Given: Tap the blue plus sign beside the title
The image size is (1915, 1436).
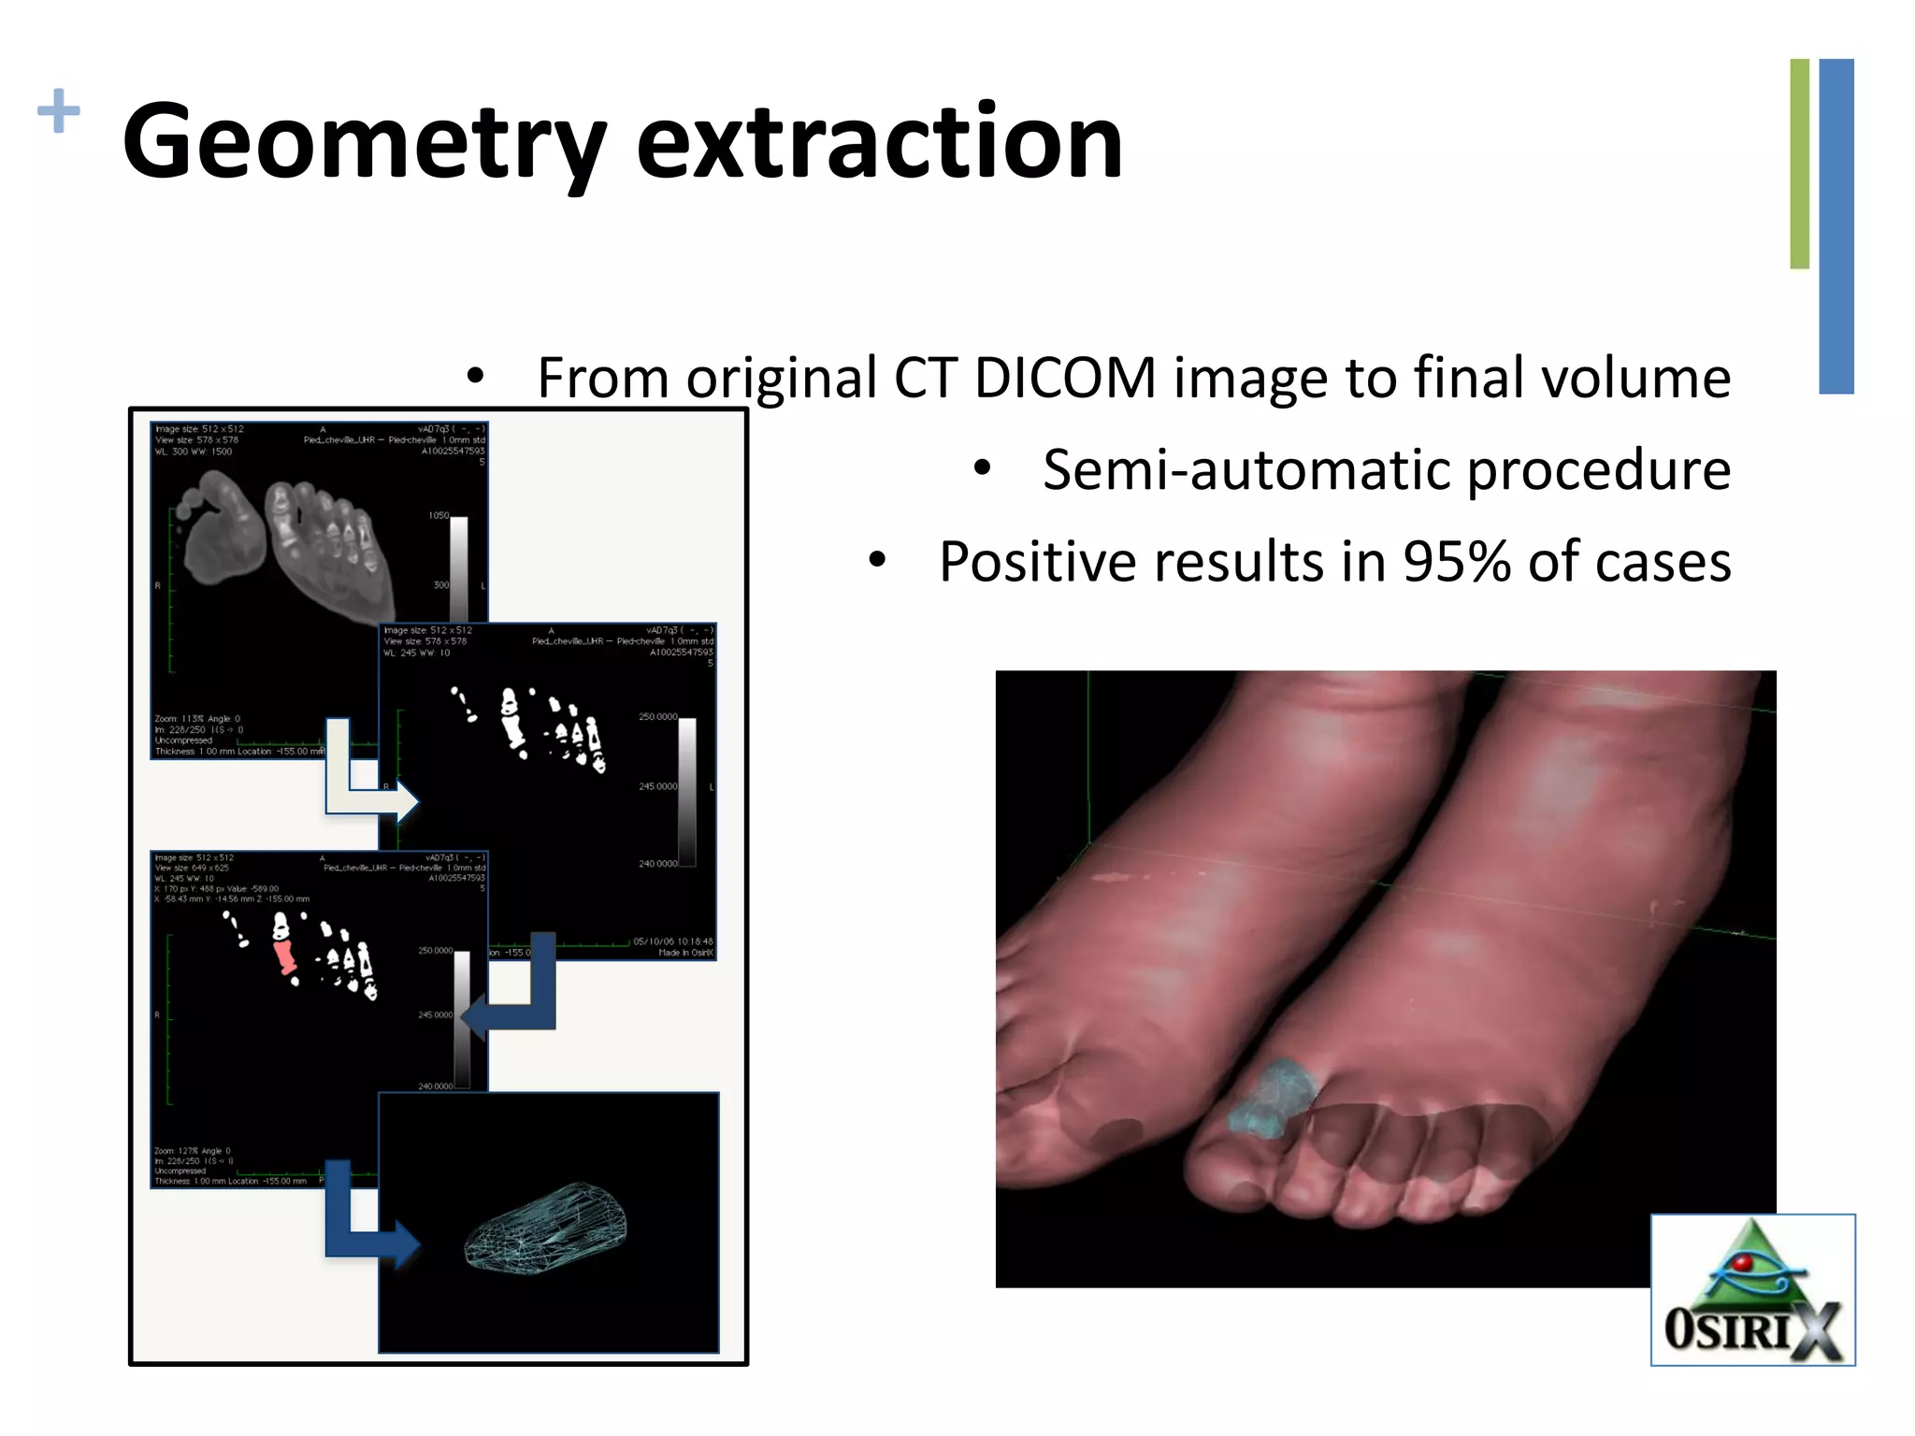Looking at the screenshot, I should [x=58, y=110].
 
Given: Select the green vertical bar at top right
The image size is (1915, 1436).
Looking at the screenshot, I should [x=1799, y=164].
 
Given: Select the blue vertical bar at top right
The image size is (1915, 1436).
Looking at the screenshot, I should [x=1836, y=225].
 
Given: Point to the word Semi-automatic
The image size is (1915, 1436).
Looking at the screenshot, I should [x=1247, y=469].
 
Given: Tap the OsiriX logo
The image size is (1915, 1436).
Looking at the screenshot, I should [x=1752, y=1290].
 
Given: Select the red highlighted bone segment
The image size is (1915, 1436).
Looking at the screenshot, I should [x=284, y=955].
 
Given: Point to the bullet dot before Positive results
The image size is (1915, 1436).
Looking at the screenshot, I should [x=876, y=561].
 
